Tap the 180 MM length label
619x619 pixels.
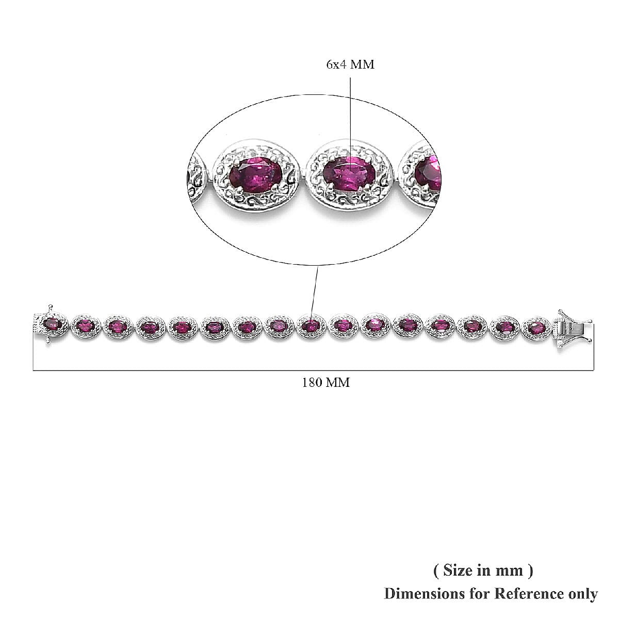click(325, 383)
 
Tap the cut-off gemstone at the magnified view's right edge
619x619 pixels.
click(428, 170)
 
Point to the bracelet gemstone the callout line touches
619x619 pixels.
click(311, 326)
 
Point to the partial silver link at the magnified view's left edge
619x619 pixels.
click(199, 178)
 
